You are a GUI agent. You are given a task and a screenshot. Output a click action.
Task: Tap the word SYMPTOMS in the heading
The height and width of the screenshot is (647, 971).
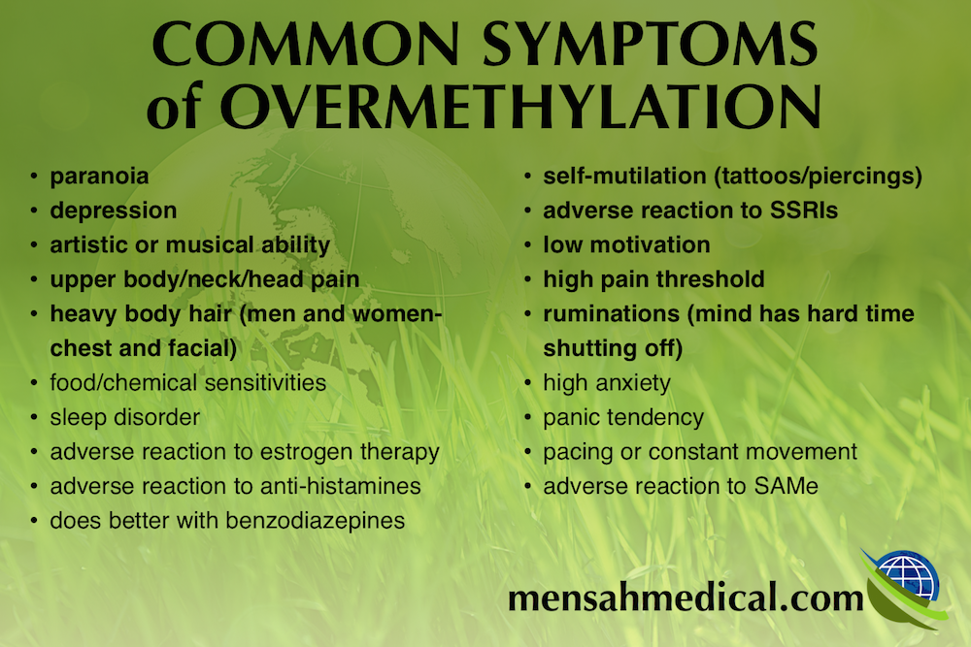(x=650, y=44)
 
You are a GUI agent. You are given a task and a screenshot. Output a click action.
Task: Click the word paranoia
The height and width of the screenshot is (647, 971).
(x=99, y=177)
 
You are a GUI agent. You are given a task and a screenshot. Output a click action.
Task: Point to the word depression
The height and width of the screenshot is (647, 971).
(x=114, y=210)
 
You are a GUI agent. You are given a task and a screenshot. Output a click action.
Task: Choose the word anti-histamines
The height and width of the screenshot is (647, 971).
(x=341, y=486)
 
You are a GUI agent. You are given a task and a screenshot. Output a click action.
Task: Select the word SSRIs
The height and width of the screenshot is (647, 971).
(x=804, y=210)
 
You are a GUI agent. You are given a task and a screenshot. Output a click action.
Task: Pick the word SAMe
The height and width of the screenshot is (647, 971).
(x=786, y=486)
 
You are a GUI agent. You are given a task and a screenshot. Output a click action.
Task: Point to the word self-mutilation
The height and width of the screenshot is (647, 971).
(x=624, y=176)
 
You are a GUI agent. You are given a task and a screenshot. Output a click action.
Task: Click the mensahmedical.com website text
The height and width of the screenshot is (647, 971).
(x=686, y=598)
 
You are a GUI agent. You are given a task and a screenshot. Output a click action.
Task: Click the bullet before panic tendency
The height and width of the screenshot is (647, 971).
(x=527, y=417)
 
